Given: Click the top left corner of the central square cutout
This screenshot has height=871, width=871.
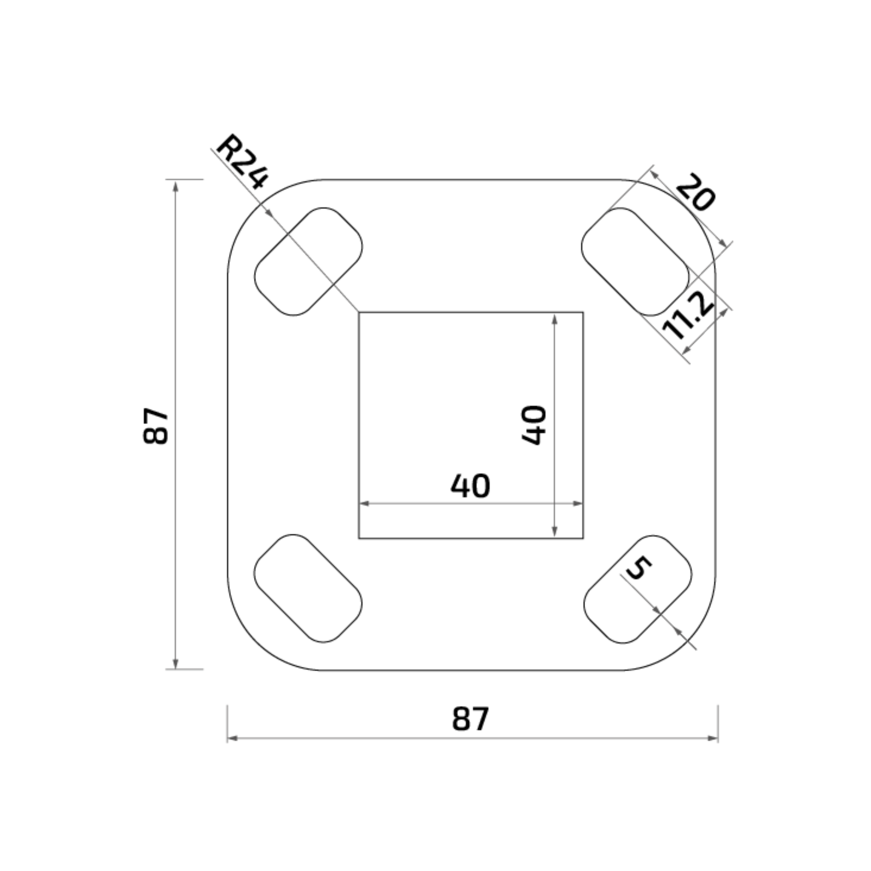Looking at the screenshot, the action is pos(359,312).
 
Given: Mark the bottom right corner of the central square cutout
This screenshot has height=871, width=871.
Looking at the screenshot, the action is pos(583,538).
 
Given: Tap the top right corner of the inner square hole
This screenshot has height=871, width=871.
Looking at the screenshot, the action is pos(583,312).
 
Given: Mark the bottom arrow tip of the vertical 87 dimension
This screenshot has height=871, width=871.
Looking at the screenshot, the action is pos(176,669).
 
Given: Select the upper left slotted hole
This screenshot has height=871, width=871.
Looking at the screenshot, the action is pos(308,262).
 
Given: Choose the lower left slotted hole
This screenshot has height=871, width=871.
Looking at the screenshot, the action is pos(308,588).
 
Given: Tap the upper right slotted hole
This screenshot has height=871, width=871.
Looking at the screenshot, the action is pos(635,262).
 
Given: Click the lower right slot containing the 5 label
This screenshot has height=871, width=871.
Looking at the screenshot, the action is pos(638,589).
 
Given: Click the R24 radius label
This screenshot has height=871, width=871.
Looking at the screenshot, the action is pos(242,161).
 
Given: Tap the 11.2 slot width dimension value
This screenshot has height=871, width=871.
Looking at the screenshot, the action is pos(688,315).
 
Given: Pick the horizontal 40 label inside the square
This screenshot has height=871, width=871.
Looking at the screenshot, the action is pos(470,486).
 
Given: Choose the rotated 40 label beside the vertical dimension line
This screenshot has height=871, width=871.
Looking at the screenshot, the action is pos(534,425).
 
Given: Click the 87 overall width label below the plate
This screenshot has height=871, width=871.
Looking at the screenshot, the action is pos(470,719).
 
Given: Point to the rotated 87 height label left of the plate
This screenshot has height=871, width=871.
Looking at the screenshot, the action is pos(155,427).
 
